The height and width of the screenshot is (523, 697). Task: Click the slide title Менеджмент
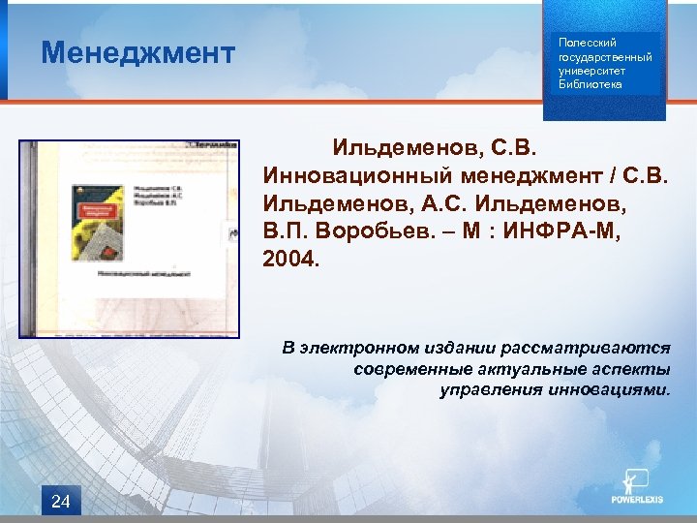point(137,52)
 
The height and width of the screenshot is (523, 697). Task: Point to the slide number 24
point(60,501)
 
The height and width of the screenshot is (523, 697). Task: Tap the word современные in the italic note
point(413,369)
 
